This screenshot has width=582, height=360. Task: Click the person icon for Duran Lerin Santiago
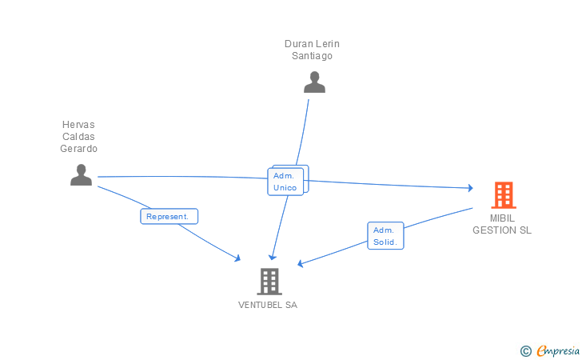point(314,82)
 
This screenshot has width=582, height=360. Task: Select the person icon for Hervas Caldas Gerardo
point(82,174)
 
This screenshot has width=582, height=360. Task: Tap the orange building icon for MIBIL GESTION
point(504,195)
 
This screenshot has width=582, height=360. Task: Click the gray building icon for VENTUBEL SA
point(269,282)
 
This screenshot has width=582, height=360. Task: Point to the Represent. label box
point(169,216)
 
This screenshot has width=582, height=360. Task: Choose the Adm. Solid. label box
point(385,236)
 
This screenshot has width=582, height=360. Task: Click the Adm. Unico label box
point(285,182)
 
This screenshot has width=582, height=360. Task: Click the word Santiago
point(312,56)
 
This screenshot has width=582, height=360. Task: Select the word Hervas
point(78,125)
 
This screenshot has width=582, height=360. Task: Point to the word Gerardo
point(78,149)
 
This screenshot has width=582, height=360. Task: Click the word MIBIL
point(502,218)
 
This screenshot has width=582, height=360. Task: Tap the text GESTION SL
point(502,230)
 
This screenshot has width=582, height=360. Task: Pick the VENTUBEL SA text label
point(268,305)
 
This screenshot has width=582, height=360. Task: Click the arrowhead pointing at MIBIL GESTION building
point(470,188)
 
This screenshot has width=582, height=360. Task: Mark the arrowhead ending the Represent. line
point(237,258)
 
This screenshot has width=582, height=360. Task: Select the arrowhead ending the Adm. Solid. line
point(301,263)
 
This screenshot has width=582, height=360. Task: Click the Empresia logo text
point(558,350)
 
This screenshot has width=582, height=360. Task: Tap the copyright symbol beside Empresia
point(526,351)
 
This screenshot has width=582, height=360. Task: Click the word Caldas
point(78,137)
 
